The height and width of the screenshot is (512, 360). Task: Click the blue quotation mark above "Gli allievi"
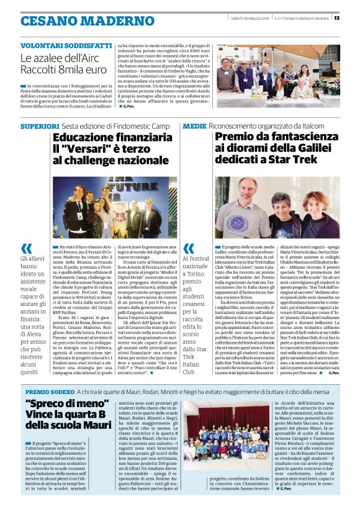[x=27, y=248]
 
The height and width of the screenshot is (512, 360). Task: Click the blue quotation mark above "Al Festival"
[x=189, y=248]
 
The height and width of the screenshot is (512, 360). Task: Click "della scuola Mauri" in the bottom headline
[x=69, y=429]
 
